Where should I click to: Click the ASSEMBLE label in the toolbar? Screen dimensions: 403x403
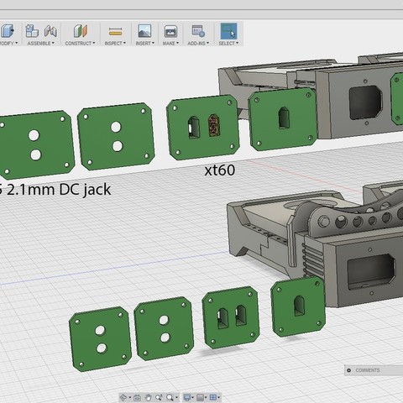39,43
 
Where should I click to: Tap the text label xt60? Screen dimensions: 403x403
219,170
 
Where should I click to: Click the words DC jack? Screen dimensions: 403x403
81,189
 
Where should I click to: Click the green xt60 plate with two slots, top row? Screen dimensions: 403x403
201,128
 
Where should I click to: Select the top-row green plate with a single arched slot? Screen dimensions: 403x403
282,118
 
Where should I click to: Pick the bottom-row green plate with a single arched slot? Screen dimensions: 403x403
298,308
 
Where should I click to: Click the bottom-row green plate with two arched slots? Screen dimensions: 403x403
231,318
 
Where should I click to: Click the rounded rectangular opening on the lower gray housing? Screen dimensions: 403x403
367,273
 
